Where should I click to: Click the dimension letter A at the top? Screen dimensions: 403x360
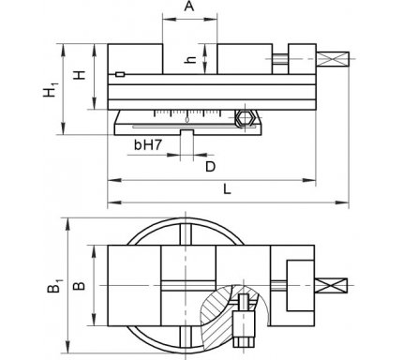(188, 6)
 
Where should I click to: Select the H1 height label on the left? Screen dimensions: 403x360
(51, 89)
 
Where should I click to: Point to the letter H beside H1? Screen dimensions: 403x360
(80, 75)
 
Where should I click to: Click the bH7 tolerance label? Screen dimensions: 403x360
(148, 145)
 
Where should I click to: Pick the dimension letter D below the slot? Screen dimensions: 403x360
(211, 167)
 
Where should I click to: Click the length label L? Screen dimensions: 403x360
(227, 189)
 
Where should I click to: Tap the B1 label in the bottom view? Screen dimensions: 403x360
(54, 285)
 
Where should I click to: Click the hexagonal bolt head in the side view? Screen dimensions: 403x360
(245, 118)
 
